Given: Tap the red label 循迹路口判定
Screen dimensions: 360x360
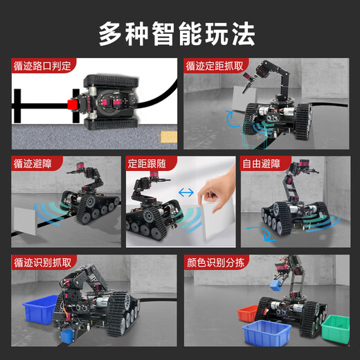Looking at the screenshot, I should [x=42, y=66].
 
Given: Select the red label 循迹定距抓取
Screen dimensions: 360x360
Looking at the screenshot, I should [x=214, y=66].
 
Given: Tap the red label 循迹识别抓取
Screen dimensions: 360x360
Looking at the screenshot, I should [x=42, y=263].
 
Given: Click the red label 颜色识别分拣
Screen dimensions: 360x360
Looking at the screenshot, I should [x=214, y=263].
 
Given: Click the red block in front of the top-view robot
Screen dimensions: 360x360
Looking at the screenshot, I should [x=71, y=105].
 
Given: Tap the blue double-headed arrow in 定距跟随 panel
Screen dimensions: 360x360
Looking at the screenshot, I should [x=186, y=191].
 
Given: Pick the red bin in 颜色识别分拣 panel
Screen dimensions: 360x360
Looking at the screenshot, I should [x=251, y=314].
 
